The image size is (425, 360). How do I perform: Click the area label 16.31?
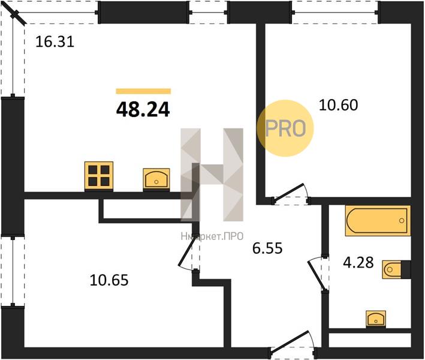click(x=55, y=42)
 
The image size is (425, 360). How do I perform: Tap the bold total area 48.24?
click(x=143, y=110)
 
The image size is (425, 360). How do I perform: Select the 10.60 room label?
click(x=339, y=105)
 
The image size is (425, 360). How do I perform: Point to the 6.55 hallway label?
click(x=267, y=248)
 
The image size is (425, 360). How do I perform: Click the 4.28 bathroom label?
click(x=358, y=262)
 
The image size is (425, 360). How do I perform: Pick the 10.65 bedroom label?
click(x=109, y=280)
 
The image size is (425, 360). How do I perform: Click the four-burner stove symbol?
click(x=99, y=176)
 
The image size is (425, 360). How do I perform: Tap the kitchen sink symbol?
click(x=156, y=179)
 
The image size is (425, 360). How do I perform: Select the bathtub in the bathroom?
click(x=377, y=220)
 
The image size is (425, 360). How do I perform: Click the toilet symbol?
click(x=396, y=269)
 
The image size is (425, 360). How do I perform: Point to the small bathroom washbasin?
click(x=376, y=318)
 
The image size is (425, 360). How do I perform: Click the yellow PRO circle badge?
click(x=285, y=128)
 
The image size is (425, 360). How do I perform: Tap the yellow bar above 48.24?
click(x=143, y=91)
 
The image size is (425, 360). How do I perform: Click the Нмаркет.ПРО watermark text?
click(x=212, y=236)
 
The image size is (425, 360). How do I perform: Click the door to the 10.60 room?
click(x=291, y=194)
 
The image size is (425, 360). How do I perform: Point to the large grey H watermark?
click(x=212, y=175)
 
